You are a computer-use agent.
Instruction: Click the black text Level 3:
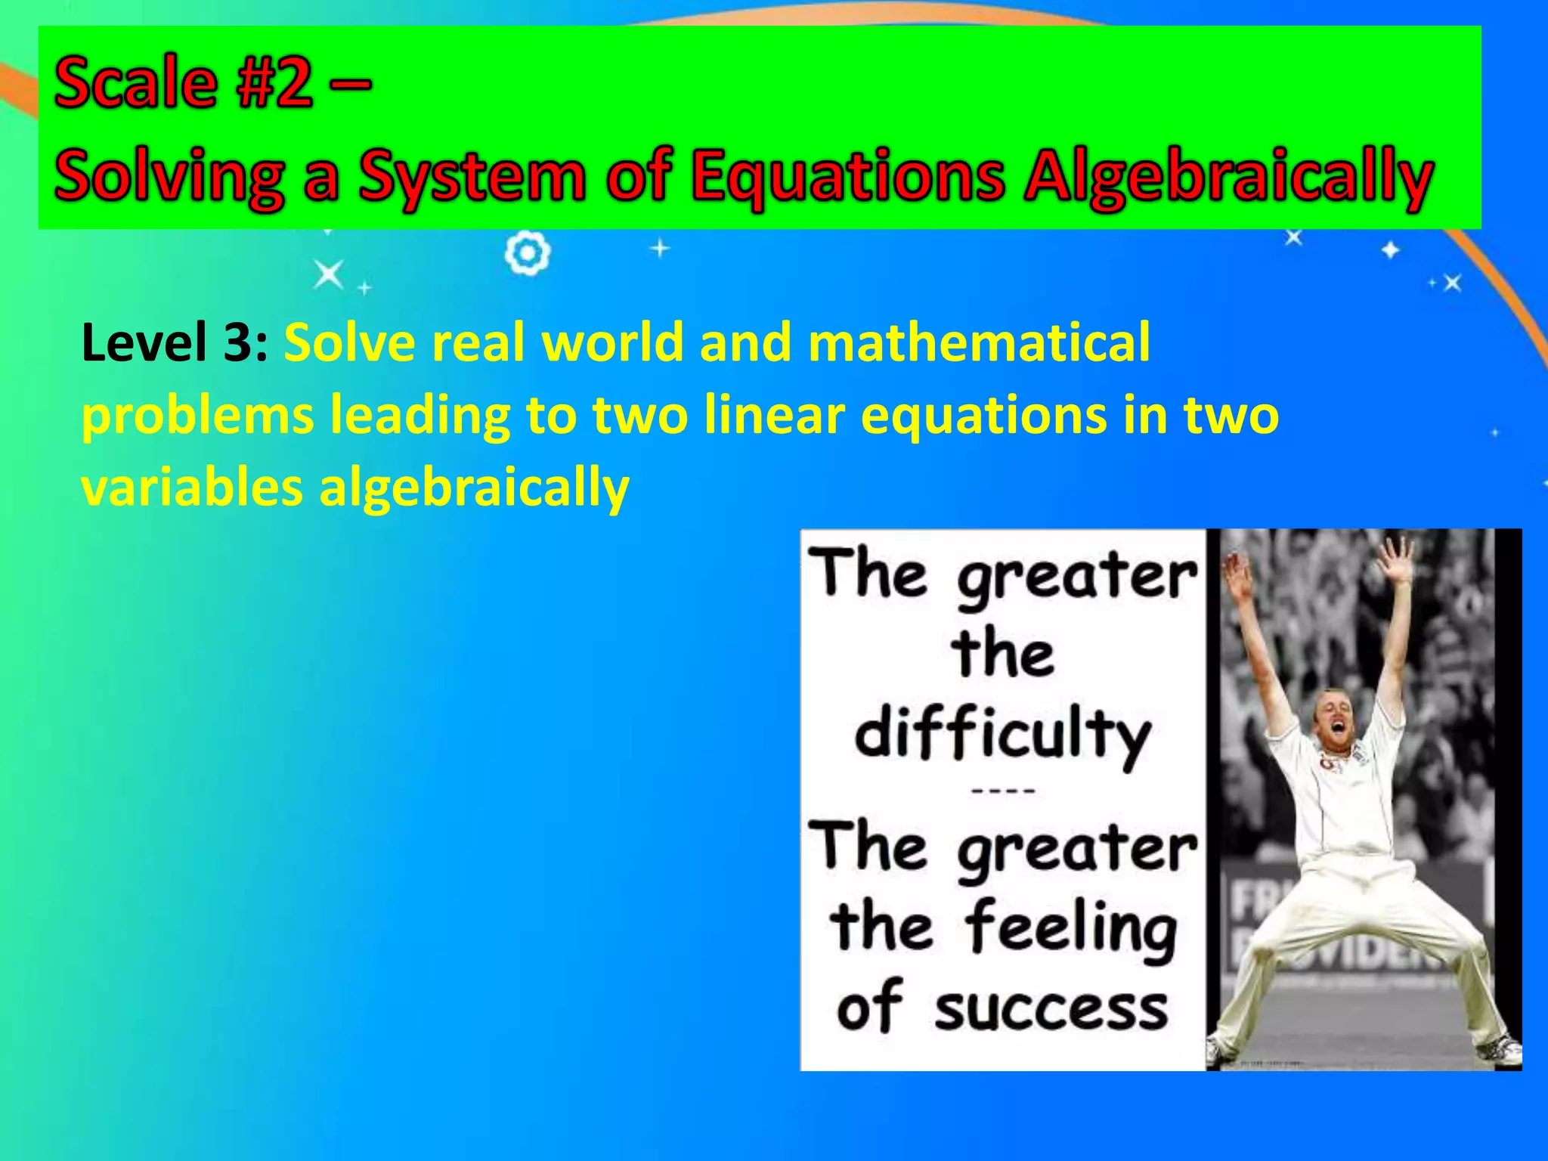click(x=175, y=342)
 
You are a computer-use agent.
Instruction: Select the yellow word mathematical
click(x=979, y=342)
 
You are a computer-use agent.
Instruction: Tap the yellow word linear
click(x=773, y=415)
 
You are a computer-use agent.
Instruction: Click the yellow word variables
click(x=192, y=488)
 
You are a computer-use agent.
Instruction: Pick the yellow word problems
click(x=198, y=416)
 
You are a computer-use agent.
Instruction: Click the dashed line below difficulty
click(x=1002, y=791)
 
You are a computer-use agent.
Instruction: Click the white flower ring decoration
click(x=527, y=254)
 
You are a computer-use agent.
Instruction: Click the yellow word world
click(x=611, y=342)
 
